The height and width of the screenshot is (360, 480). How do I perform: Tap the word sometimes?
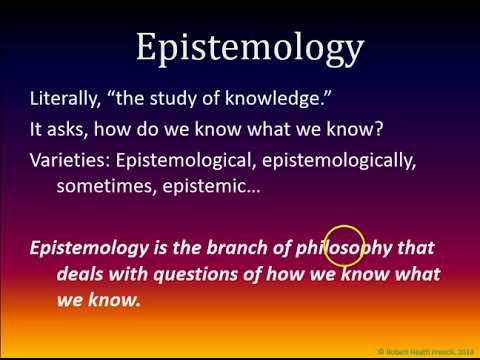[106, 185]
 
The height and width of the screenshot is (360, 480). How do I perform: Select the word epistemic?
[215, 185]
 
